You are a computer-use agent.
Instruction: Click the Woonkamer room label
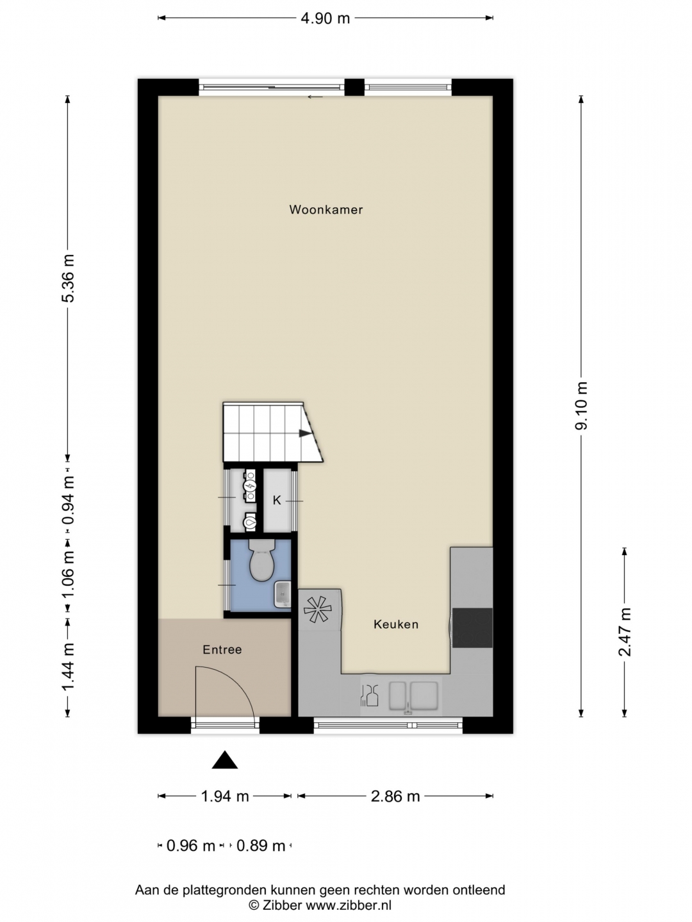coord(325,209)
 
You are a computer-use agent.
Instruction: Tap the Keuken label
coord(396,624)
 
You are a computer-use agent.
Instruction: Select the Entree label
coord(222,649)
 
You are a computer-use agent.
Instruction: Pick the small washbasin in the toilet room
coord(283,594)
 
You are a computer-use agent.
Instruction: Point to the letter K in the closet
coord(276,500)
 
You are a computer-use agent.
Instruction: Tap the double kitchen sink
coord(413,695)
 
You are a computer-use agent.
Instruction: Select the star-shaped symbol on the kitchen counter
coord(318,610)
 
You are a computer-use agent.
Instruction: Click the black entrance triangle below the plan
coord(225,760)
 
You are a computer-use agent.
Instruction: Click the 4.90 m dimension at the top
coord(325,19)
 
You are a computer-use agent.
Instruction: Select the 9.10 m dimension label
coord(582,406)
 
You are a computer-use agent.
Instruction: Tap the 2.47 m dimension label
coord(625,632)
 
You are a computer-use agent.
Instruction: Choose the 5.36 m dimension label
coord(68,278)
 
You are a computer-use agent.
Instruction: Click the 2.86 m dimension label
coord(395,796)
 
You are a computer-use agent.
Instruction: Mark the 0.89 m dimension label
coord(261,846)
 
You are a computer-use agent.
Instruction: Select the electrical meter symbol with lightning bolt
coord(251,485)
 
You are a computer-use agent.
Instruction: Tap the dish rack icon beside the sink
coord(369,695)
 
